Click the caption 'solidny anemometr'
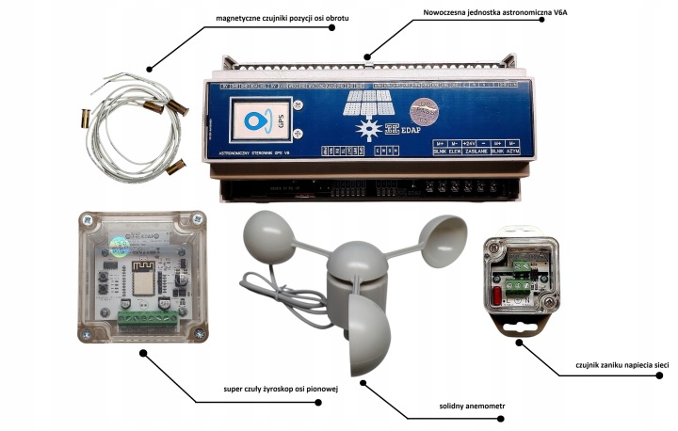point(464,407)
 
